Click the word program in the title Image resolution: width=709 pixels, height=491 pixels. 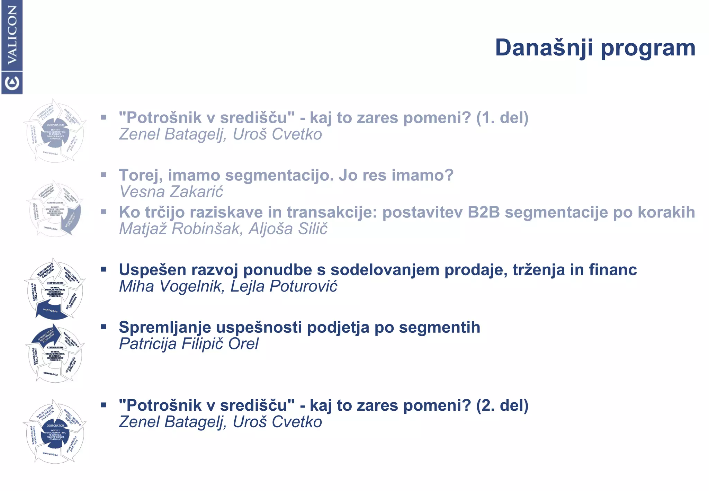point(648,48)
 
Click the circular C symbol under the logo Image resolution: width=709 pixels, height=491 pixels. point(12,83)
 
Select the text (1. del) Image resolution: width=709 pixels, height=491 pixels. point(502,118)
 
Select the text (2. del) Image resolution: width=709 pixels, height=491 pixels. point(502,405)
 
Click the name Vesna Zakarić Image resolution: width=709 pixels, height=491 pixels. point(171,192)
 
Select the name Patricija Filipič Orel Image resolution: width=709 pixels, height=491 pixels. point(189,344)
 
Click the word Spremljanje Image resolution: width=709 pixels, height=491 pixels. point(165,328)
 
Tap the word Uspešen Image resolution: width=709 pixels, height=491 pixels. point(153,270)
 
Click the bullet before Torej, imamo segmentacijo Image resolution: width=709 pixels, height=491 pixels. point(104,175)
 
